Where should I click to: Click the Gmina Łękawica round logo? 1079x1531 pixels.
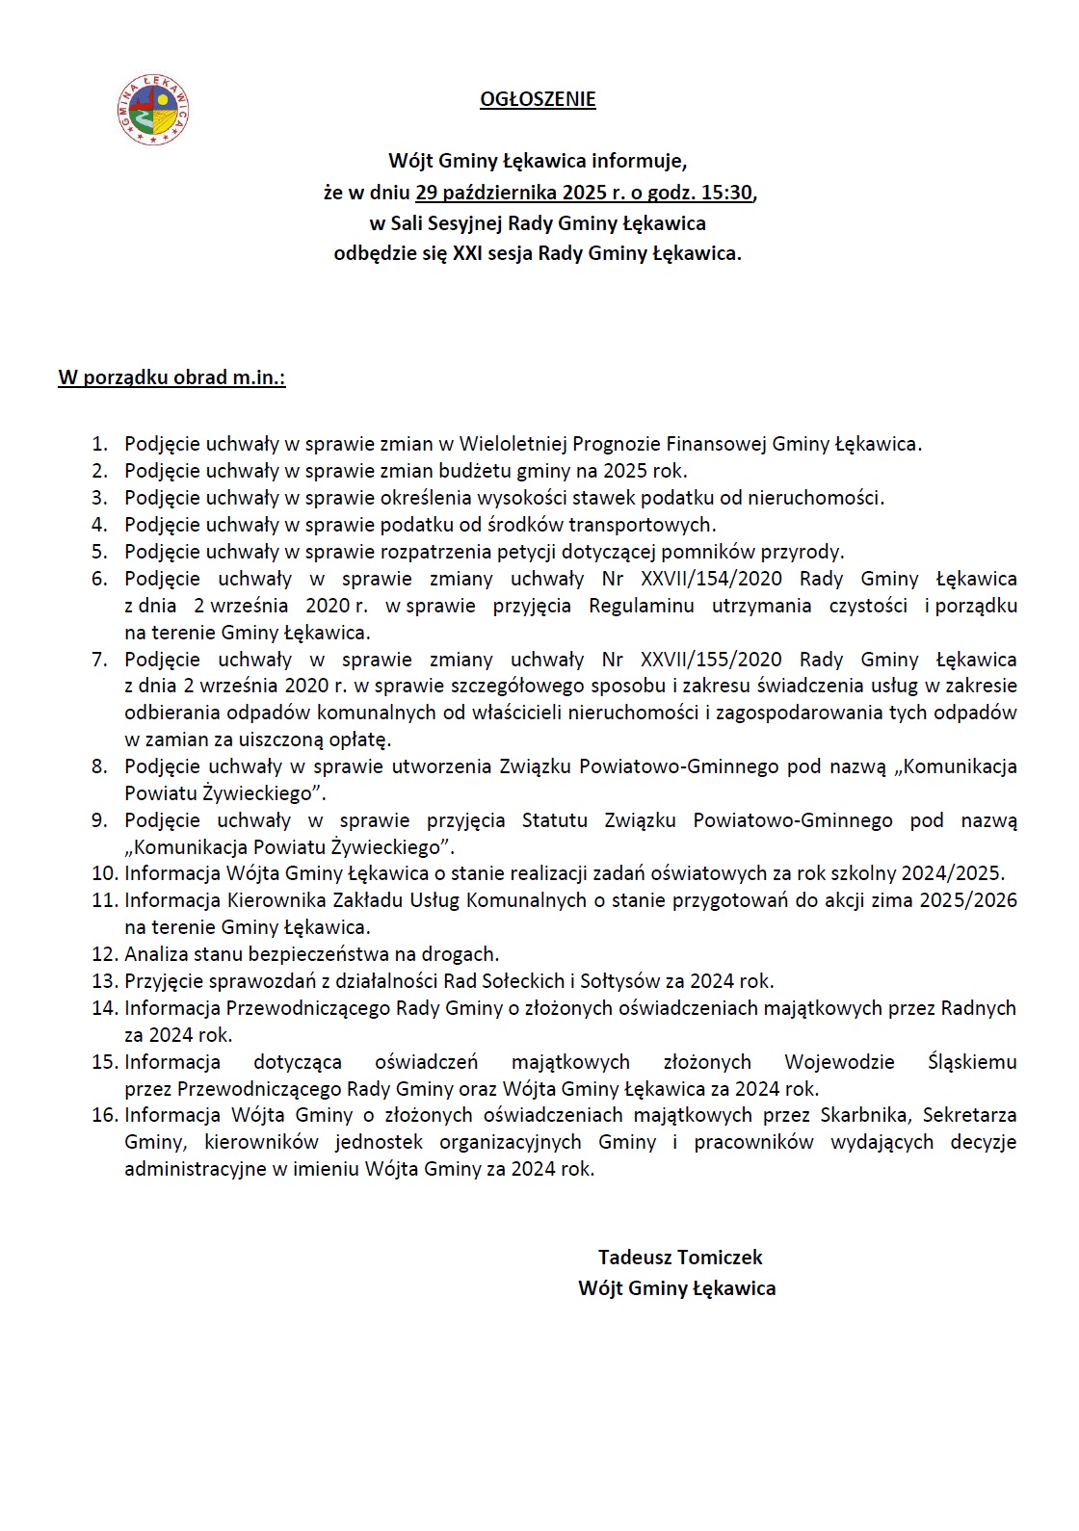pyautogui.click(x=152, y=110)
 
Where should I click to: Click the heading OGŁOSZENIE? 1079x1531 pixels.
pyautogui.click(x=538, y=99)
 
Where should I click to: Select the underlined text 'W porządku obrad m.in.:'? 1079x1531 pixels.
pyautogui.click(x=171, y=377)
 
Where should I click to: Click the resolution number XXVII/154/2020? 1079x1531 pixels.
pyautogui.click(x=711, y=579)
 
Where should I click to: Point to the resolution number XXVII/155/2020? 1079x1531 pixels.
pyautogui.click(x=711, y=660)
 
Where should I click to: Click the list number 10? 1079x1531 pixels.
pyautogui.click(x=104, y=873)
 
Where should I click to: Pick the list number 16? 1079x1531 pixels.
pyautogui.click(x=104, y=1115)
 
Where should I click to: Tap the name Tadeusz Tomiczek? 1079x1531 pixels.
pyautogui.click(x=679, y=1258)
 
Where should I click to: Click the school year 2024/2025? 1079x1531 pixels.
pyautogui.click(x=952, y=873)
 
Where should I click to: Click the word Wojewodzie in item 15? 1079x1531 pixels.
pyautogui.click(x=839, y=1062)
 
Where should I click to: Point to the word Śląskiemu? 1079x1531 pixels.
pyautogui.click(x=972, y=1062)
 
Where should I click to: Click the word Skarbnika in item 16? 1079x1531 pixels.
pyautogui.click(x=864, y=1115)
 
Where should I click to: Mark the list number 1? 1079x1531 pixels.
pyautogui.click(x=99, y=444)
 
